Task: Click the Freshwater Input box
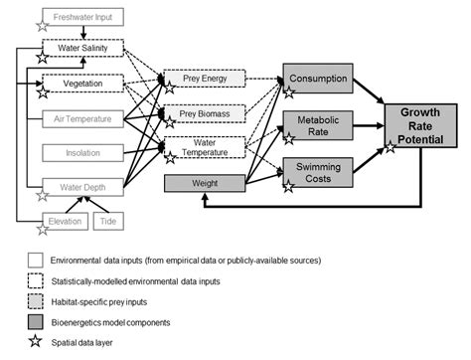(x=82, y=16)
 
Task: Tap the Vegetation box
(x=82, y=85)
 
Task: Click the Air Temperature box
(x=82, y=118)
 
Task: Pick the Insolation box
(x=82, y=152)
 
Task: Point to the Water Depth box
(x=82, y=186)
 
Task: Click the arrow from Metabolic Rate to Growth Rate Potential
(x=366, y=125)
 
